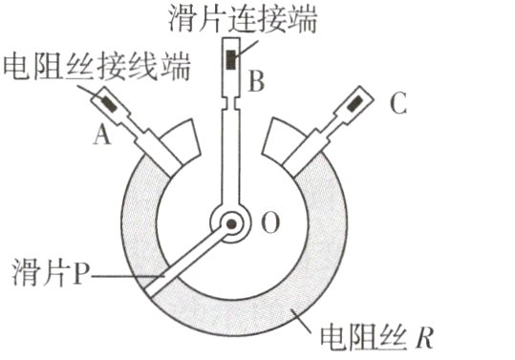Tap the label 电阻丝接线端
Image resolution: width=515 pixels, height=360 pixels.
point(97,66)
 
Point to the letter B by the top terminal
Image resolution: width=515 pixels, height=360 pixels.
point(255,82)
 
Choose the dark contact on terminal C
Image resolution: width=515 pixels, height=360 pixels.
point(354,100)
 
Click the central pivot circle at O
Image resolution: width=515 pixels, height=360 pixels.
point(232,226)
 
